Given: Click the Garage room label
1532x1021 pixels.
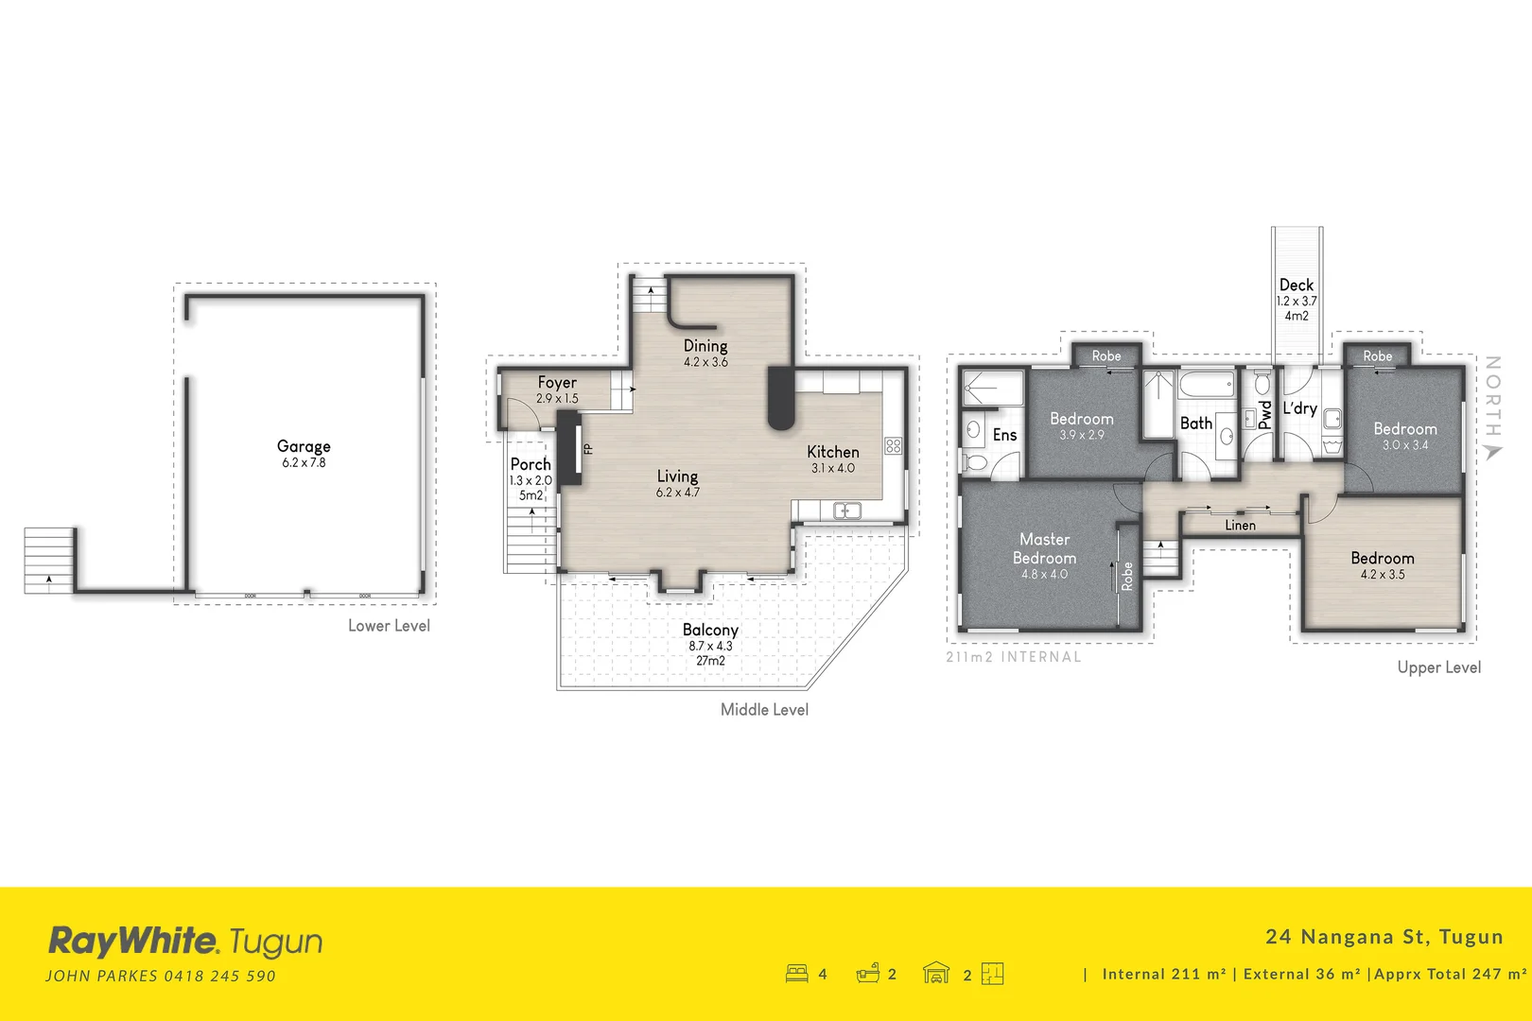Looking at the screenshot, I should click(304, 446).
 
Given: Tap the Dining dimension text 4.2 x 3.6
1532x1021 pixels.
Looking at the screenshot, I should click(705, 362).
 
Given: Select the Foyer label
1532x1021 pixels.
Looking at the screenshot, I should click(557, 382).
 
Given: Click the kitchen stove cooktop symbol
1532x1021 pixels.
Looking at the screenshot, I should click(893, 446).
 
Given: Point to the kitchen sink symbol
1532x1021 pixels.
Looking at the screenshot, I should click(846, 511).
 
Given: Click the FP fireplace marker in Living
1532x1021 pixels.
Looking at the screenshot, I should click(588, 449).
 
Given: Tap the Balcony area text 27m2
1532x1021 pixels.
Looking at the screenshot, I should click(710, 661).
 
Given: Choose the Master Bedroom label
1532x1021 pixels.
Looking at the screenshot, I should click(1044, 548).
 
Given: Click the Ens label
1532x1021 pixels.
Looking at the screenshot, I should click(1004, 435).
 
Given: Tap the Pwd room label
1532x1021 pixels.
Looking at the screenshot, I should click(1265, 416).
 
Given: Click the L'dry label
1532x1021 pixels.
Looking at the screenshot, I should click(1299, 408).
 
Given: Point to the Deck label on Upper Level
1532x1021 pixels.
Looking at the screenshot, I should click(1297, 285).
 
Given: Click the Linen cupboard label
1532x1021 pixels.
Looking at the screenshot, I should click(1240, 526).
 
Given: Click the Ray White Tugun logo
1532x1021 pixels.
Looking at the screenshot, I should click(185, 942).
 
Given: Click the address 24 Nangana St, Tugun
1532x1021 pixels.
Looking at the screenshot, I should click(1384, 937).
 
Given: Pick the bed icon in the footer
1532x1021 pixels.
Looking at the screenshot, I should click(796, 974).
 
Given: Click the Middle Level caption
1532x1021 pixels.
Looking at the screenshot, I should click(764, 709).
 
